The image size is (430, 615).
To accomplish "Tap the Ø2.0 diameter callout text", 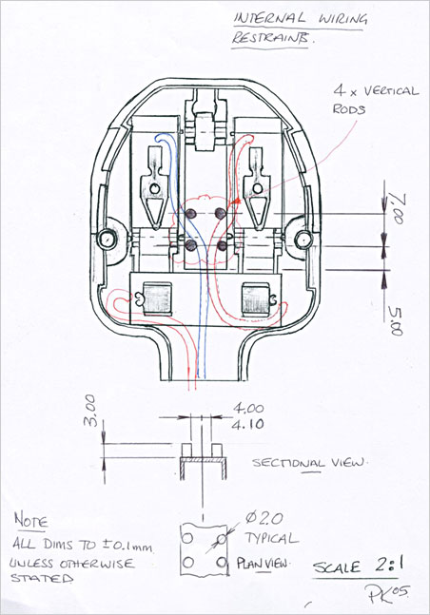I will click(265, 519).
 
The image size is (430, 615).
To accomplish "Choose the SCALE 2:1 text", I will click(350, 567).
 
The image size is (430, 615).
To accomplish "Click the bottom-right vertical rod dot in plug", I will click(222, 245).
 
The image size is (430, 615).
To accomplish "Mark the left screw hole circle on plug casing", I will click(108, 236).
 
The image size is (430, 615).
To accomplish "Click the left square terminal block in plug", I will click(156, 299).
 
